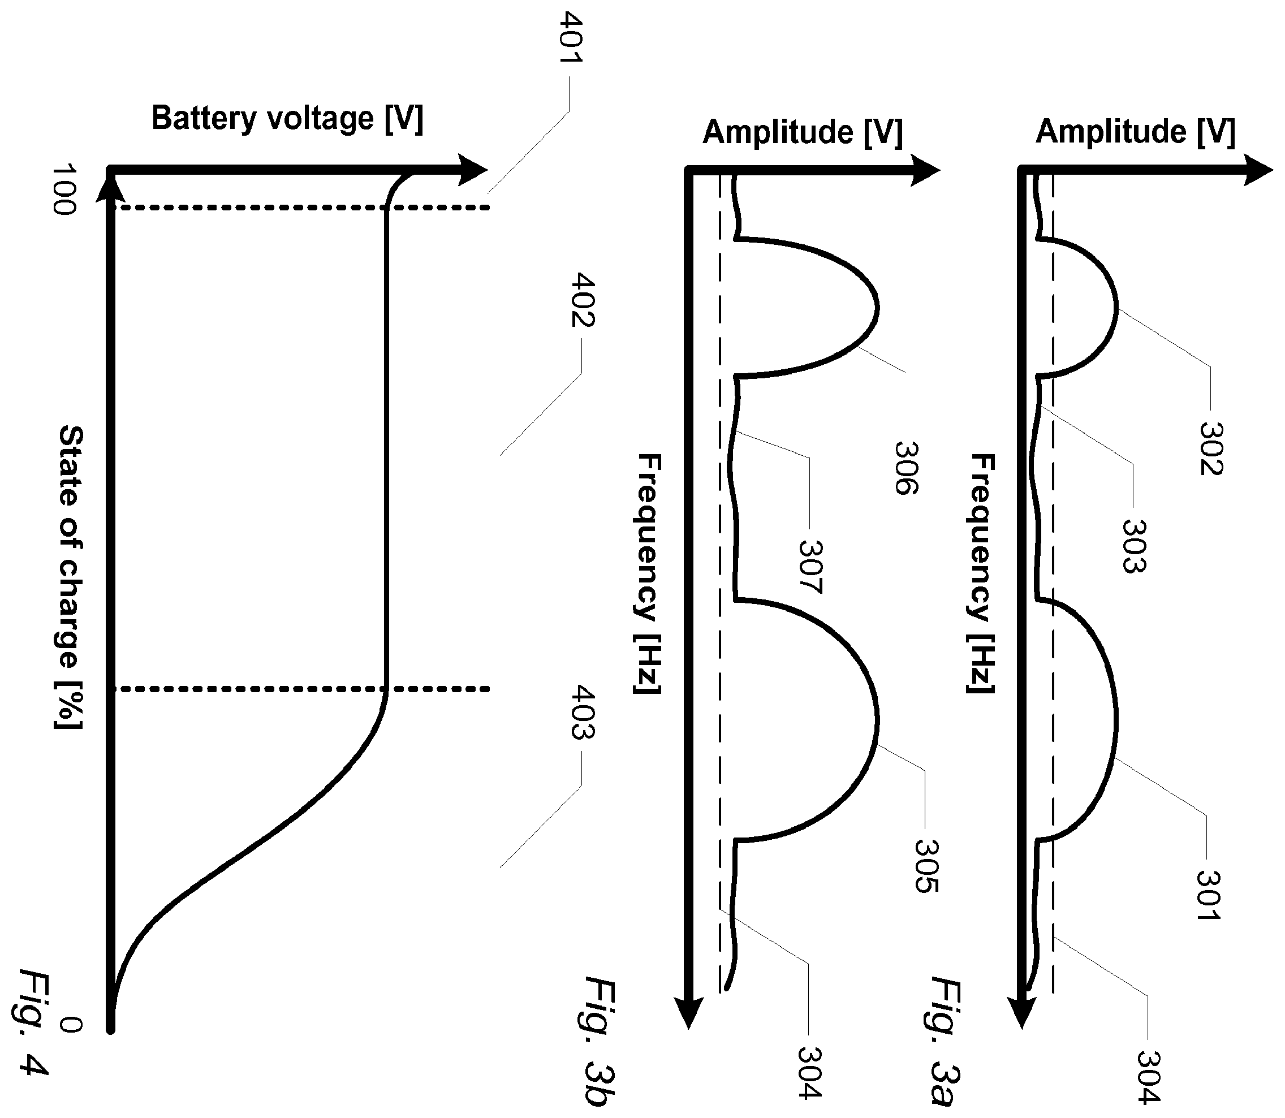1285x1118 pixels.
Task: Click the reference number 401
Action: [571, 37]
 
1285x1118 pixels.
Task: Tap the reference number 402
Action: [584, 300]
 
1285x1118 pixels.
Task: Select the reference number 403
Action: [584, 712]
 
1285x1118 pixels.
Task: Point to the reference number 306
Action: [907, 468]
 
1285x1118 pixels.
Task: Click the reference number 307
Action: [810, 567]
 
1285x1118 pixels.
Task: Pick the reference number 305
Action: [926, 866]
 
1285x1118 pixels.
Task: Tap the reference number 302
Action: [1211, 448]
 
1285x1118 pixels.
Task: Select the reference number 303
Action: [1134, 546]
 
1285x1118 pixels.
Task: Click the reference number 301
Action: [1208, 895]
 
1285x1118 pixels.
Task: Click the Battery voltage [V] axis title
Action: [288, 119]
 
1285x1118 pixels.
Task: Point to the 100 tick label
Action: [64, 189]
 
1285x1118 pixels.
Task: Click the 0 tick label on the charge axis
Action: [71, 1025]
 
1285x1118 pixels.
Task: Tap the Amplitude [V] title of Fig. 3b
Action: [803, 132]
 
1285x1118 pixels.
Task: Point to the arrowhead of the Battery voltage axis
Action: [474, 169]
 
